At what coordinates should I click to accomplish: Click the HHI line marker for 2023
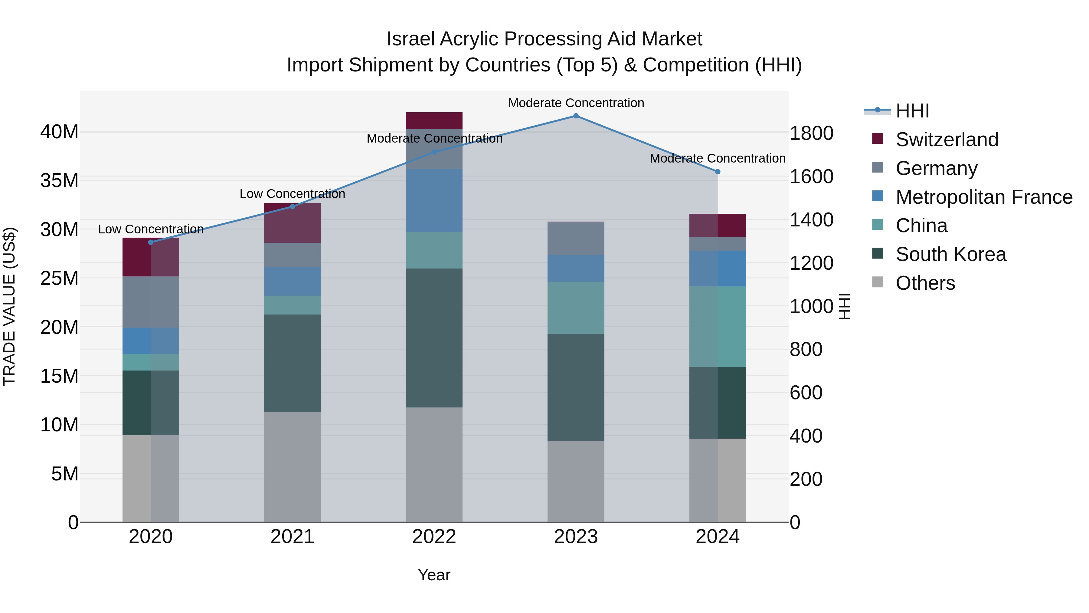(576, 116)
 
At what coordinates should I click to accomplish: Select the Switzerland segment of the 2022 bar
(434, 120)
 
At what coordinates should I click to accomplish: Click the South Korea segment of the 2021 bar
(293, 363)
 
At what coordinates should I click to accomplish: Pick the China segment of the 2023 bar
(576, 308)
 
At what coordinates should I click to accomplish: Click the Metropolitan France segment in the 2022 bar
(434, 200)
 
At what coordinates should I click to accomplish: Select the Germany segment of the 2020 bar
(151, 302)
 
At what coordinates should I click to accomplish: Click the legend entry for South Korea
(950, 254)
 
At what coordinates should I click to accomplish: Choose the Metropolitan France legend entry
(983, 197)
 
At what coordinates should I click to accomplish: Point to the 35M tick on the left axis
(59, 181)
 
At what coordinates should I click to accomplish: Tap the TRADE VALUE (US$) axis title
(9, 306)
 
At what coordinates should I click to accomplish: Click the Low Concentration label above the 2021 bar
(293, 194)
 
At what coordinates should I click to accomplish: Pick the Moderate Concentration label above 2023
(576, 103)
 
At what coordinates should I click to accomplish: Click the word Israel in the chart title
(410, 39)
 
